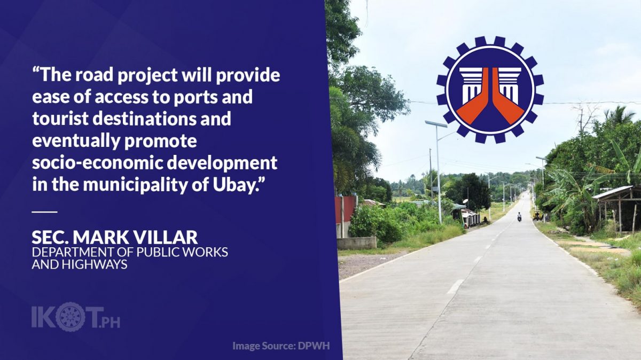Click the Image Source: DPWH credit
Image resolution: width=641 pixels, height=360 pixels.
[281, 346]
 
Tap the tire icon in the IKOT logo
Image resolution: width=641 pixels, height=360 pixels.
[71, 317]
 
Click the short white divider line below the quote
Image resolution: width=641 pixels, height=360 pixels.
[45, 212]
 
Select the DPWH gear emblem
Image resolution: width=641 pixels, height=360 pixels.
[490, 90]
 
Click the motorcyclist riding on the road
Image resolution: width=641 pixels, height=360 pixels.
[519, 217]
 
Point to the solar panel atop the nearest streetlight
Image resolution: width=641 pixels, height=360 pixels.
[436, 124]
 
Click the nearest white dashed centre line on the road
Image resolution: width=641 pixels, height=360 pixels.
[455, 286]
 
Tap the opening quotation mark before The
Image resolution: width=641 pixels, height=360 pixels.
[36, 70]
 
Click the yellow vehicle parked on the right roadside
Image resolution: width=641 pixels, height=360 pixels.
[537, 215]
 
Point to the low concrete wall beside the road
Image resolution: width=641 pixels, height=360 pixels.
[357, 243]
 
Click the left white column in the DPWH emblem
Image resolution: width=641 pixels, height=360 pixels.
[471, 85]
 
